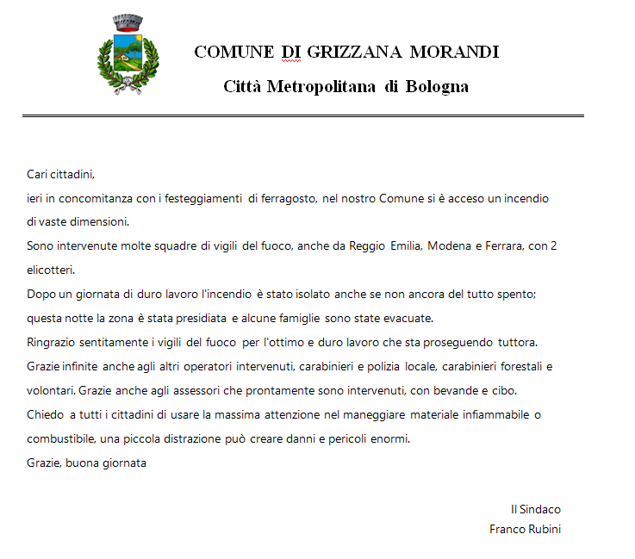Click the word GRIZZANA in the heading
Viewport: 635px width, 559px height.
coord(351,52)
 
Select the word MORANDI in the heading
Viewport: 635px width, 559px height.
coord(454,52)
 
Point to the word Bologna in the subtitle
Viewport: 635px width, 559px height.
coord(437,86)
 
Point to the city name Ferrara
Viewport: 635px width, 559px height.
coord(501,246)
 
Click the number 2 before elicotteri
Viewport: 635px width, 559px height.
coord(554,246)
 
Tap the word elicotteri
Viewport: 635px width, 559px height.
coord(52,270)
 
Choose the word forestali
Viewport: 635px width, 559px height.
coord(517,366)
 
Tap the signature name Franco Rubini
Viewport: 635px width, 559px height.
coord(525,529)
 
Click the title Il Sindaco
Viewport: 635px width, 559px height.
coord(536,509)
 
